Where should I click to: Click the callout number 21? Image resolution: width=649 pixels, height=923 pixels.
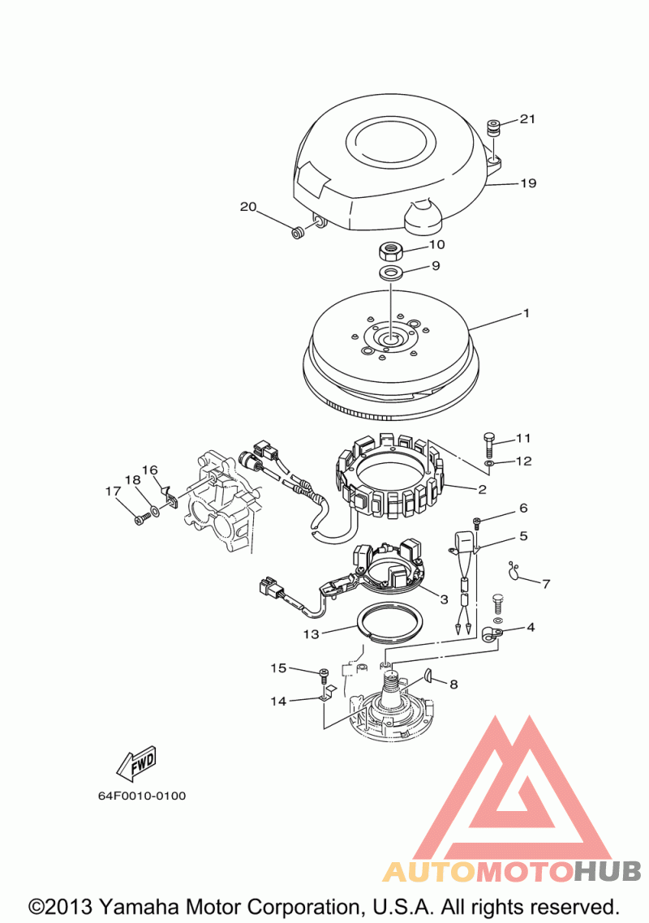[x=527, y=119]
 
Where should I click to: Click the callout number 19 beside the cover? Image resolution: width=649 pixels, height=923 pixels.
[x=528, y=183]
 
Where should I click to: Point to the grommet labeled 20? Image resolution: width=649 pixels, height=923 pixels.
[x=299, y=231]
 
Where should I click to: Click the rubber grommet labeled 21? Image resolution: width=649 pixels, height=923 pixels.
[x=493, y=127]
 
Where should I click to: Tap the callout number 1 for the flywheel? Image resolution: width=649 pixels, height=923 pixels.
[x=527, y=313]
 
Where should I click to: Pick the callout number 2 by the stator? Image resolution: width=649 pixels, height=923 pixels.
[x=483, y=489]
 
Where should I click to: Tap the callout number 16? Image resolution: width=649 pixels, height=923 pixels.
[x=150, y=470]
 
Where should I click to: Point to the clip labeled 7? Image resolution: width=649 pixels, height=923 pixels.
[x=514, y=569]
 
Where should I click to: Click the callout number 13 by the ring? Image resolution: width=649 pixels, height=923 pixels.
[x=311, y=634]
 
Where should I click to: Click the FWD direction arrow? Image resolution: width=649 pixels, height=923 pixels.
[x=137, y=762]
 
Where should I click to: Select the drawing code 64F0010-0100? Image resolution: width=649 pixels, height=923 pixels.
[x=142, y=796]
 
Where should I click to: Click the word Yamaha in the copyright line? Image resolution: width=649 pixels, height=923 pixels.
[x=142, y=907]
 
